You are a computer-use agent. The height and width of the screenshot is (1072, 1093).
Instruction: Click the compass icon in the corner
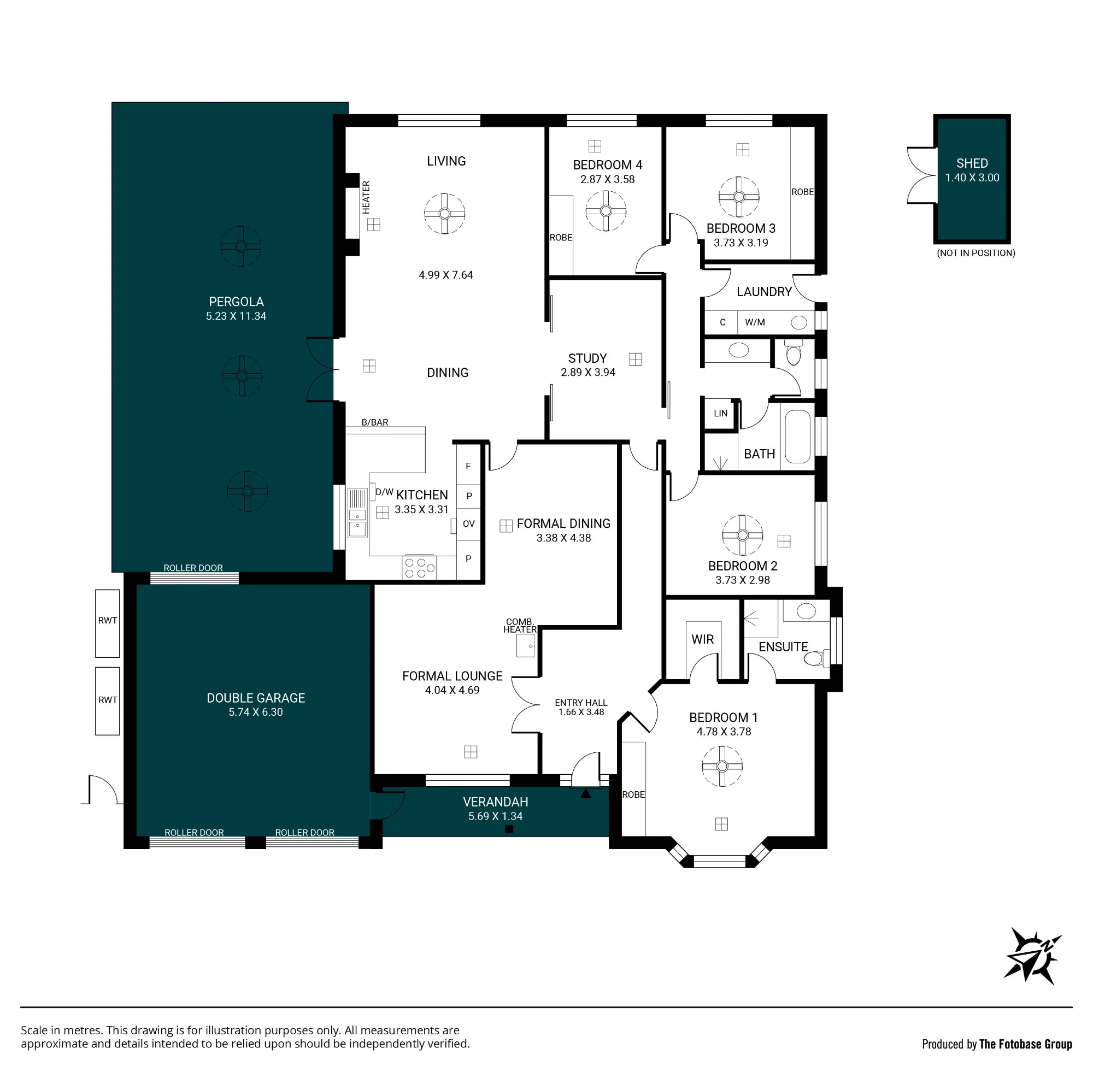pyautogui.click(x=1032, y=956)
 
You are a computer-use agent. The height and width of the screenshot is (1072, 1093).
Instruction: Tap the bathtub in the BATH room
pyautogui.click(x=797, y=437)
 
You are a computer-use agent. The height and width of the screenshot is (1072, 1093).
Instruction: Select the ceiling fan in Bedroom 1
pyautogui.click(x=722, y=765)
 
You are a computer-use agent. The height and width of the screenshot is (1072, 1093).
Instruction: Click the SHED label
pyautogui.click(x=972, y=163)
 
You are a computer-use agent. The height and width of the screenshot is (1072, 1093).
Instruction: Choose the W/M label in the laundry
pyautogui.click(x=755, y=322)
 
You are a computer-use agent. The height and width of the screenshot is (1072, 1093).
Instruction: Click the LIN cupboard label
pyautogui.click(x=721, y=413)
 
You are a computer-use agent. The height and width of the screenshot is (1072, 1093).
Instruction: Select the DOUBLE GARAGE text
pyautogui.click(x=256, y=698)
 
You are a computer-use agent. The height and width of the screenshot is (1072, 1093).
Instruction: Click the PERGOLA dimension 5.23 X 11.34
pyautogui.click(x=236, y=316)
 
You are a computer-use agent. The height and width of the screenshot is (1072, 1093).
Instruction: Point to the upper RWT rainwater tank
pyautogui.click(x=108, y=623)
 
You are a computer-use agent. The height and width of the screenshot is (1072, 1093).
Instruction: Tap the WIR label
pyautogui.click(x=702, y=640)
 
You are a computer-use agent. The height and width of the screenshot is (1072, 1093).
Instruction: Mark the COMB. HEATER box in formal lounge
pyautogui.click(x=525, y=645)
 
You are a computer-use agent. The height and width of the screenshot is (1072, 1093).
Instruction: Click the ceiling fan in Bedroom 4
pyautogui.click(x=606, y=211)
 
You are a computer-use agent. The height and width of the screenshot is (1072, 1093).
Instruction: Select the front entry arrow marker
pyautogui.click(x=586, y=793)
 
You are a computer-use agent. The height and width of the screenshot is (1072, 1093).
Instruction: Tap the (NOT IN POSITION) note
pyautogui.click(x=976, y=254)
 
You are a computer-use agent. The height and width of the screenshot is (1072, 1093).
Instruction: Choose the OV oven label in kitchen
pyautogui.click(x=468, y=523)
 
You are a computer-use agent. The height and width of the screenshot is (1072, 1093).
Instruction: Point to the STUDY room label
pyautogui.click(x=587, y=358)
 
